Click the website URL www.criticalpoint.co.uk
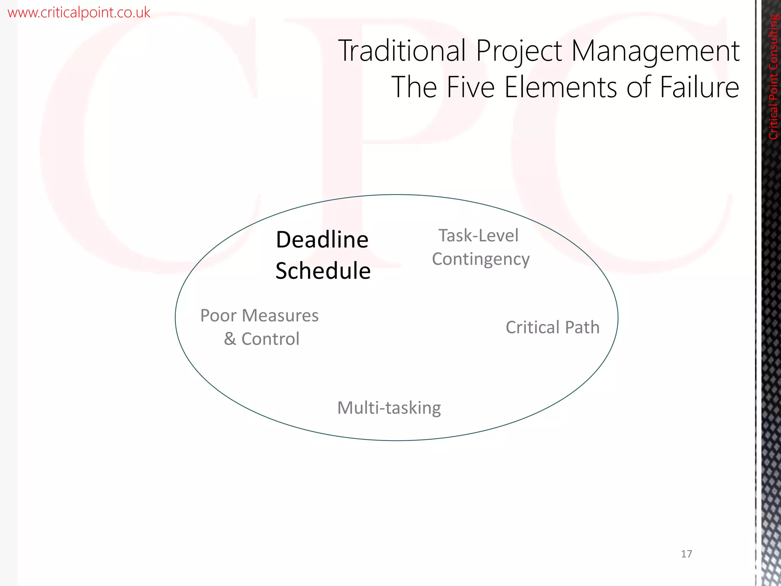(x=79, y=13)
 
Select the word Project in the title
(x=519, y=52)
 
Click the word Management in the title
(x=655, y=52)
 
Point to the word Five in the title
(x=471, y=87)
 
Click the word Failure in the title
(x=699, y=87)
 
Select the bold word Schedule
(x=323, y=271)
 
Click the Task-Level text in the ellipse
(x=478, y=235)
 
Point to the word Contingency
(x=480, y=260)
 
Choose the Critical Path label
(x=553, y=327)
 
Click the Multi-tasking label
(x=389, y=408)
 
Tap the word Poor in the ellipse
(x=218, y=316)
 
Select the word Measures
(x=280, y=316)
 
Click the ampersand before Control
(x=230, y=339)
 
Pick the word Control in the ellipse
(x=270, y=339)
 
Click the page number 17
(x=686, y=554)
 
